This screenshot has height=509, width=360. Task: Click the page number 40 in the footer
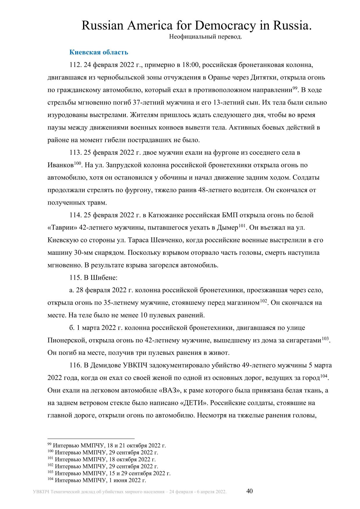pyautogui.click(x=249, y=491)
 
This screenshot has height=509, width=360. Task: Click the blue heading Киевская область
pyautogui.click(x=99, y=52)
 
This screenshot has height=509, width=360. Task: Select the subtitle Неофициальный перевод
pyautogui.click(x=205, y=37)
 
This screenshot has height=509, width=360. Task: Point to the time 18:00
pyautogui.click(x=190, y=65)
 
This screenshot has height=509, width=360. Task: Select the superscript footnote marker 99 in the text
pyautogui.click(x=295, y=88)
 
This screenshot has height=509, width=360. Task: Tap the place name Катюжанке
pyautogui.click(x=164, y=215)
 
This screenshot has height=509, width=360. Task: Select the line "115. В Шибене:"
pyautogui.click(x=93, y=278)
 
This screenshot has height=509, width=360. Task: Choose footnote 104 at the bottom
pyautogui.click(x=97, y=480)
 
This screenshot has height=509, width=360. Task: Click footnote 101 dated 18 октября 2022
pyautogui.click(x=102, y=459)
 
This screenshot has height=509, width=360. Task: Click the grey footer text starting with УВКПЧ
pyautogui.click(x=130, y=492)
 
